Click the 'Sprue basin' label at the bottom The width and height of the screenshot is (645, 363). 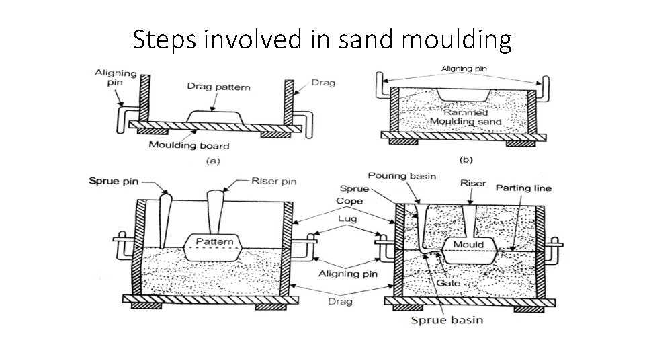pos(447,319)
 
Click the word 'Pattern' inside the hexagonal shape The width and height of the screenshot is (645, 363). pos(214,241)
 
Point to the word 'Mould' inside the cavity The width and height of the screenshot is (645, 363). pos(468,244)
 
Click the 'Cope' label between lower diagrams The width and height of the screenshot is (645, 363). pos(349,201)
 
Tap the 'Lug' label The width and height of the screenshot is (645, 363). pos(347,218)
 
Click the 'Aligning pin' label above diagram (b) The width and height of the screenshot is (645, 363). pos(464,68)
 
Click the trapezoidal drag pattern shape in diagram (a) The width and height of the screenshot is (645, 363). pos(213,116)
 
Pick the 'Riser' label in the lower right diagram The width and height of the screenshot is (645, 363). pos(470,182)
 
